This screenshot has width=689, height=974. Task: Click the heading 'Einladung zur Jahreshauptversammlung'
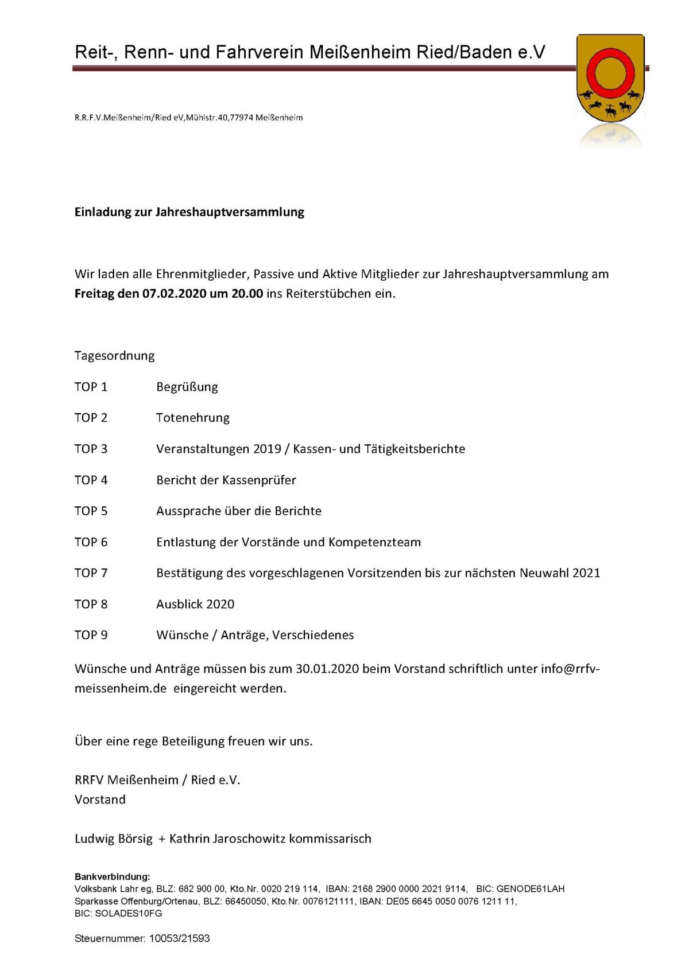189,212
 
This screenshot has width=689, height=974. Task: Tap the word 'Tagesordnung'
114,356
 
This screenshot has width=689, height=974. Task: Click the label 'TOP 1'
91,387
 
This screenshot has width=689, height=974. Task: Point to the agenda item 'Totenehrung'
192,418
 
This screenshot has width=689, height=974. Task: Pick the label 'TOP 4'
91,480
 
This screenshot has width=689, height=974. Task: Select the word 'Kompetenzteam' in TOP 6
374,542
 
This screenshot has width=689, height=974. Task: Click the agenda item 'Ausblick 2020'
195,604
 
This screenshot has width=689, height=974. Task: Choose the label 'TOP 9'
91,635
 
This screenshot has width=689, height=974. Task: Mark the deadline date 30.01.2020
327,669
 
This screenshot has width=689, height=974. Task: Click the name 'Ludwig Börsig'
114,839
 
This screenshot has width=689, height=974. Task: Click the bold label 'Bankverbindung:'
112,876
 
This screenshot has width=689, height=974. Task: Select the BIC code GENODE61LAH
531,888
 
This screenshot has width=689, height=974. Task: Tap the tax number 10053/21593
180,938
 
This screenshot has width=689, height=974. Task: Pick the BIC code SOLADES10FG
129,913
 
